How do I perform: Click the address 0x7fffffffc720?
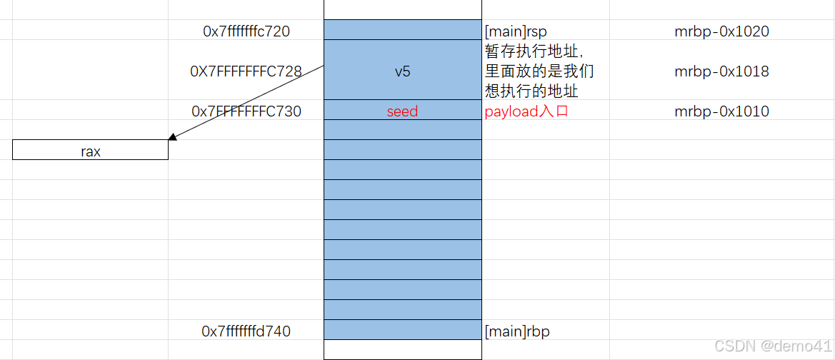[x=246, y=31]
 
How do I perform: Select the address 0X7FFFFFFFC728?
[x=246, y=71]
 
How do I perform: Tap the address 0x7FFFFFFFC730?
[x=246, y=111]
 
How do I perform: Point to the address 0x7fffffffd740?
[x=246, y=331]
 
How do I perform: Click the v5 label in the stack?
[x=402, y=71]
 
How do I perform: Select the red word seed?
[x=402, y=111]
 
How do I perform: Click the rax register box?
[x=91, y=151]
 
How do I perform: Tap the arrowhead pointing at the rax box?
[x=172, y=137]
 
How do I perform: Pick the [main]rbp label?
[x=517, y=331]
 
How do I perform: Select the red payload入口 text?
[x=526, y=111]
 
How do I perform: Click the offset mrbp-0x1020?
[x=721, y=31]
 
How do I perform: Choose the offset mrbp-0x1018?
[x=721, y=71]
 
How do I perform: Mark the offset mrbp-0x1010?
[x=721, y=111]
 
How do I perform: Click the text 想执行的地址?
[x=531, y=91]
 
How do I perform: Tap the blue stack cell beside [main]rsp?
[x=402, y=30]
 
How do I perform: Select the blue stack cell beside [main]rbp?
[x=402, y=330]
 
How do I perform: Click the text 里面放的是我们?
[x=539, y=71]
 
